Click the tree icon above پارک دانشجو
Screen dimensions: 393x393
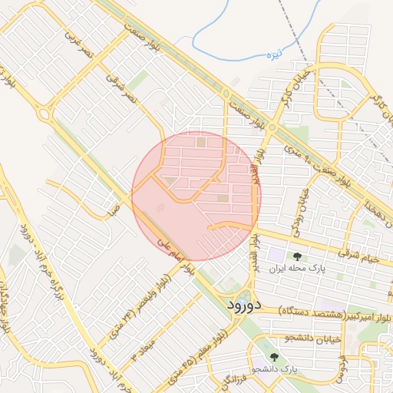tap(275, 357)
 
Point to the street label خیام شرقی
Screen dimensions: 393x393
tap(362, 258)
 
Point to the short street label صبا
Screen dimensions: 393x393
tap(113, 207)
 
